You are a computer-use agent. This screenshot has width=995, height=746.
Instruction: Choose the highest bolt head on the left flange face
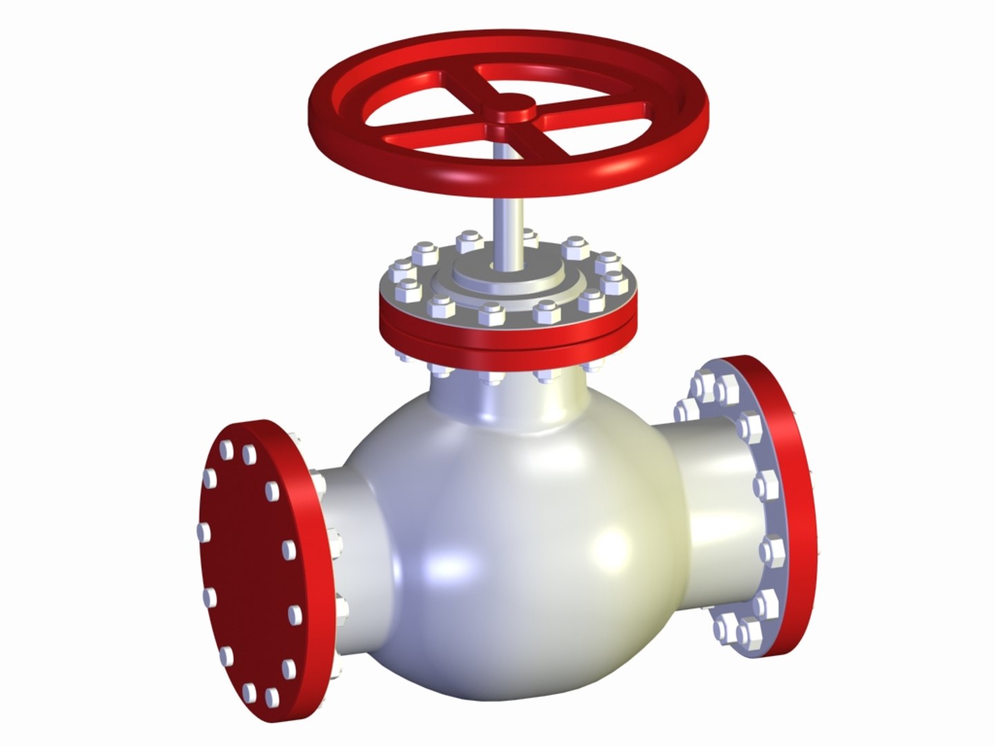tap(225, 449)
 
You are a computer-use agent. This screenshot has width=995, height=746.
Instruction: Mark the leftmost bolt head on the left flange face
tap(205, 531)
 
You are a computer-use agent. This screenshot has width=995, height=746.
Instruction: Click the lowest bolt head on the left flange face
tap(272, 697)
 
